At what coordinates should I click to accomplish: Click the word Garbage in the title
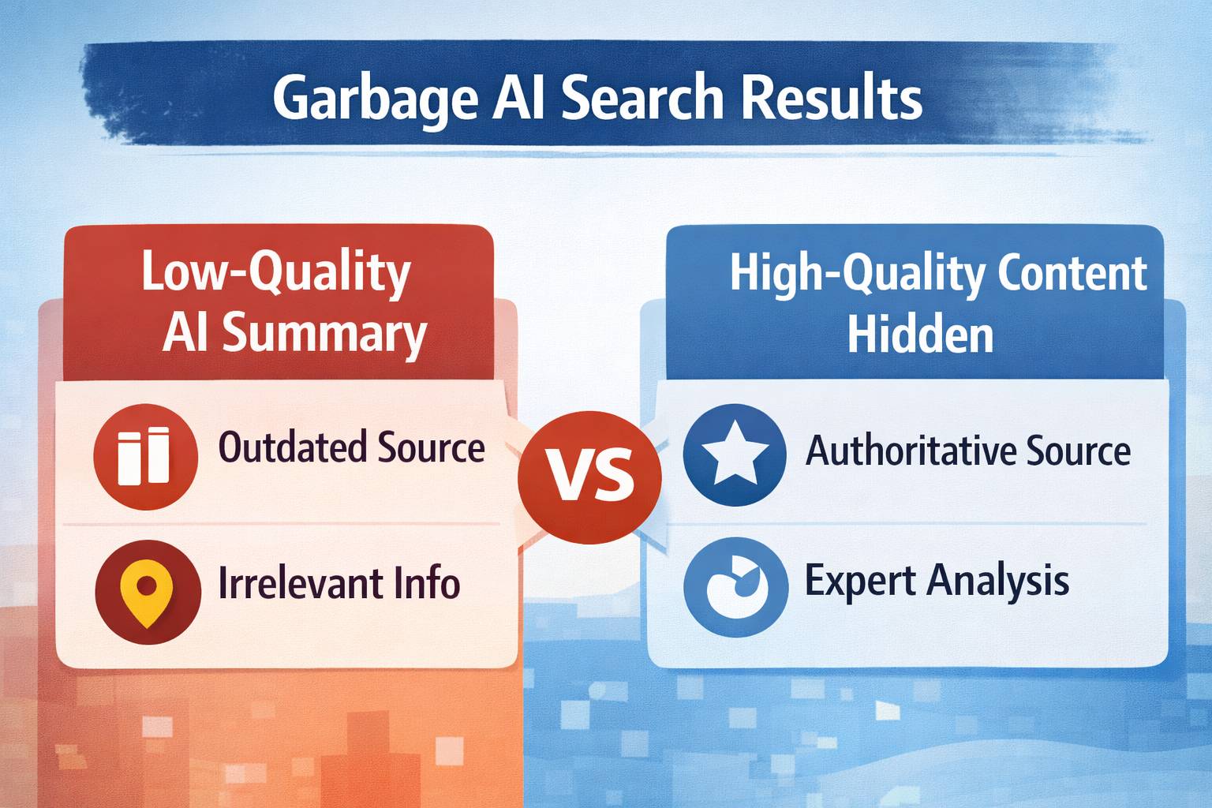point(376,98)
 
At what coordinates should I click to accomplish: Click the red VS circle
point(589,476)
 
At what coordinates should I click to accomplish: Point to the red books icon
point(144,455)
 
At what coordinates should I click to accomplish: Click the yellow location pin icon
point(148,592)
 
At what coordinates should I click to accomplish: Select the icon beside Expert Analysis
point(735,588)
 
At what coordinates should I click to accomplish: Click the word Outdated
point(290,447)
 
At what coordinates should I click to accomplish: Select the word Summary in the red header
point(324,334)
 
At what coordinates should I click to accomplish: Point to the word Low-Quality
point(276,272)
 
